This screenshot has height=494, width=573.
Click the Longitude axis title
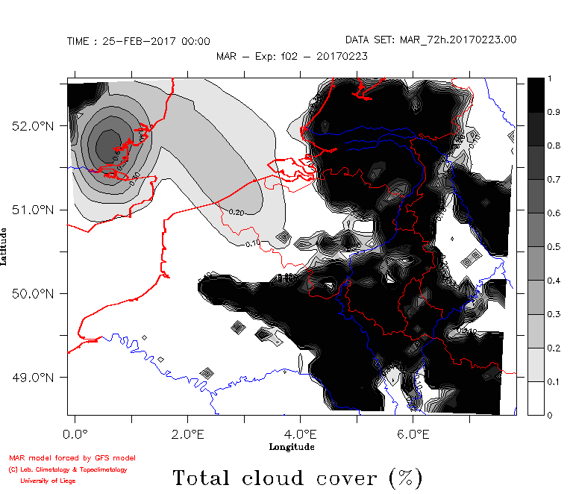tap(291, 446)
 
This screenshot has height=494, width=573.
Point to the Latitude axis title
tap(5, 247)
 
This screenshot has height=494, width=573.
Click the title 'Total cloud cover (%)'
tap(297, 477)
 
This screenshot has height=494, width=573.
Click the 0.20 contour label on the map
tap(237, 213)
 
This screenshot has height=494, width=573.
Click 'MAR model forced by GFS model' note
tap(72, 457)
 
